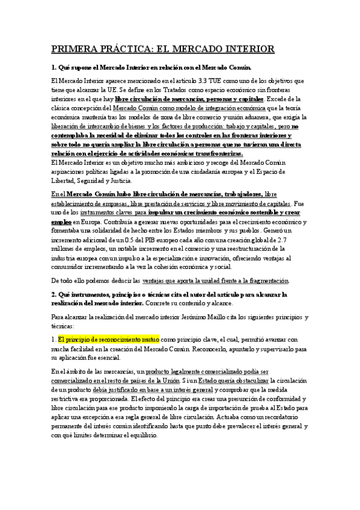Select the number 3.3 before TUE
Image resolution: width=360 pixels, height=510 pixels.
pyautogui.click(x=204, y=80)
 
